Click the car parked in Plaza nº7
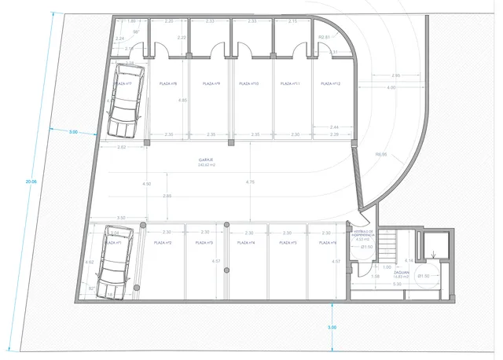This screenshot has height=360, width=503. pos(126,101)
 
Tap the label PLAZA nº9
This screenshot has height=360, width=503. pos(210,83)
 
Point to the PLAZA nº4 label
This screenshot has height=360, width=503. pos(249,243)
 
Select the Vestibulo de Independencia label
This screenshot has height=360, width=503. pos(362,235)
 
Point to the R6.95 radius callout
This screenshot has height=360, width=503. pos(382,155)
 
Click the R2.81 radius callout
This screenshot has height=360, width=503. pos(323,37)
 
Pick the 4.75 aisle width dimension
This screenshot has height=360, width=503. pos(250,182)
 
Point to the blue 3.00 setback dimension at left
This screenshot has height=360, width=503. pos(73,132)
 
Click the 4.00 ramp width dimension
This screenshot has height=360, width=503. pos(391,87)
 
